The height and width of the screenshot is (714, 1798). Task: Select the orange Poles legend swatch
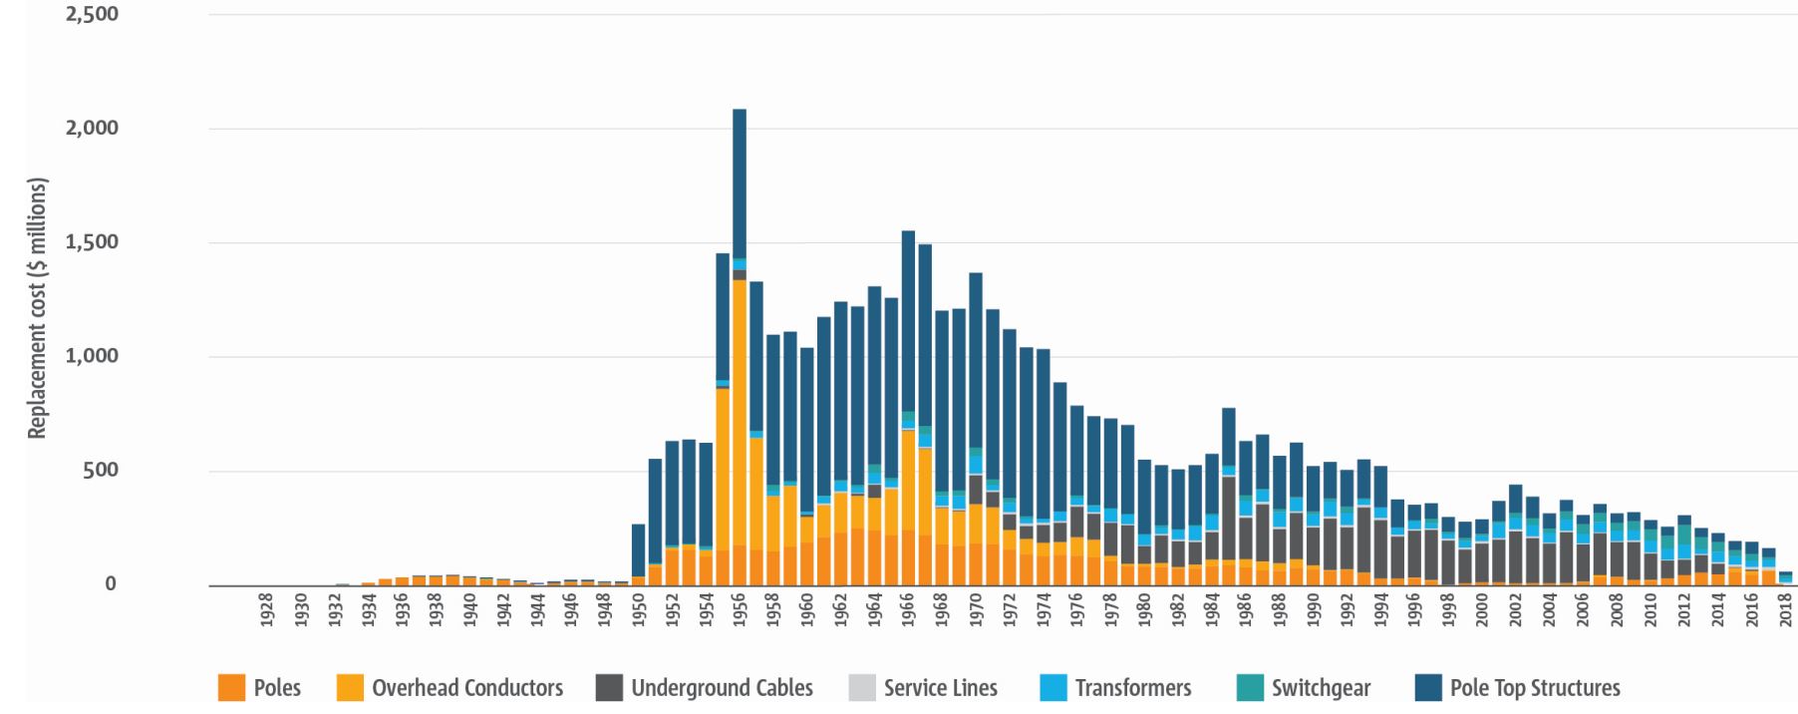point(231,688)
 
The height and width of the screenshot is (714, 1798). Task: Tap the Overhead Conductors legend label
point(466,688)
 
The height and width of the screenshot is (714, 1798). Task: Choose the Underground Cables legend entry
point(722,688)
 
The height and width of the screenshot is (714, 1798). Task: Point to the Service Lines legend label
point(940,688)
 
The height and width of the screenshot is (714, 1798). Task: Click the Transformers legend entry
point(1132,688)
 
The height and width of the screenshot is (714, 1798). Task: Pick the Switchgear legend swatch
point(1250,688)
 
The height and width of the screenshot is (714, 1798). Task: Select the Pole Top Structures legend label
point(1535,688)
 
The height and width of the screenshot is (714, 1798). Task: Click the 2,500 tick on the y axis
point(92,15)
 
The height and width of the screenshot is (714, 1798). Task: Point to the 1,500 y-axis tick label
point(92,242)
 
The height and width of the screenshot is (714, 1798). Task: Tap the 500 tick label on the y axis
point(99,470)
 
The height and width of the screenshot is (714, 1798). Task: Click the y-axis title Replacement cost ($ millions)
point(37,307)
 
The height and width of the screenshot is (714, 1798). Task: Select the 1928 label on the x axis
point(266,609)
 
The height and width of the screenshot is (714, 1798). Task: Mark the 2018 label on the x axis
point(1785,609)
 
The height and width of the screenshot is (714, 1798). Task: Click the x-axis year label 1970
point(976,609)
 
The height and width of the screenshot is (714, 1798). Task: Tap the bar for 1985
point(1229,499)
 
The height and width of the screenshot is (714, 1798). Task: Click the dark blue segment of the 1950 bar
point(639,548)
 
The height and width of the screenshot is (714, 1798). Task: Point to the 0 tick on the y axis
point(111,584)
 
